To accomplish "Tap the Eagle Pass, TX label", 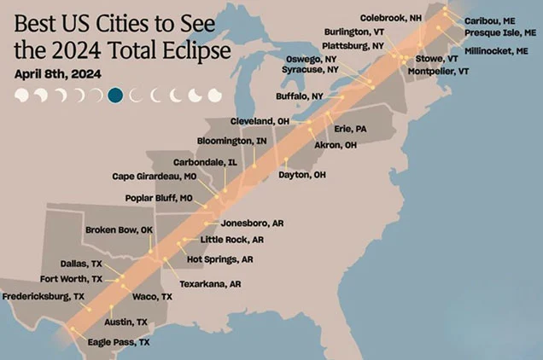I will pyautogui.click(x=119, y=342).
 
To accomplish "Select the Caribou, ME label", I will pyautogui.click(x=489, y=20).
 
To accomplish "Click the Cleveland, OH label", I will pyautogui.click(x=260, y=122).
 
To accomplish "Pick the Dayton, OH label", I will pyautogui.click(x=302, y=175).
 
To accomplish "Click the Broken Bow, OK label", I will pyautogui.click(x=118, y=230).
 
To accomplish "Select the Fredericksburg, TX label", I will pyautogui.click(x=43, y=296).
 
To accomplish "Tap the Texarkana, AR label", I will pyautogui.click(x=210, y=283).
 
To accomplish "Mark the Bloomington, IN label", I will pyautogui.click(x=231, y=140).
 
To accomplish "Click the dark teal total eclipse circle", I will pyautogui.click(x=116, y=95).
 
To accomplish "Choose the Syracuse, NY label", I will pyautogui.click(x=310, y=68).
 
